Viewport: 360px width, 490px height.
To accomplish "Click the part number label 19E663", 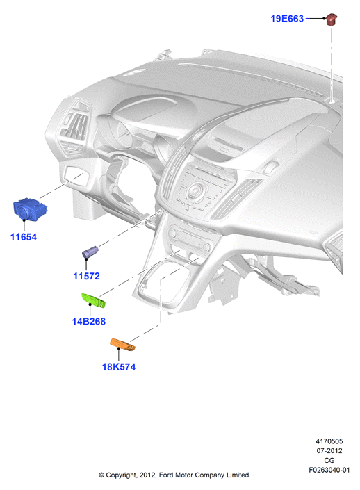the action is tap(287, 19).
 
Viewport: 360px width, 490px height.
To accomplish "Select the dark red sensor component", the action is tap(332, 19).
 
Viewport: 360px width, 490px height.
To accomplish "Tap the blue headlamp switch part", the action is tap(30, 209).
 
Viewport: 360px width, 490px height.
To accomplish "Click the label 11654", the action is tap(24, 237).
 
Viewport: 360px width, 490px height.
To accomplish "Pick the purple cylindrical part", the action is tap(90, 252).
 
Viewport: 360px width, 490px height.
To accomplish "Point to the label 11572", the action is tap(86, 276).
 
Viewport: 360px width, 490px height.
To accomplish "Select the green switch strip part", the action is tap(93, 300).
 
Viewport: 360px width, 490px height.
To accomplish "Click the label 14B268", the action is tap(89, 321).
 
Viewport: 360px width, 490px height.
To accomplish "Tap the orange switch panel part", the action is tap(122, 344).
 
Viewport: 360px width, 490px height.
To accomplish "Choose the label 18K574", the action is tap(119, 366).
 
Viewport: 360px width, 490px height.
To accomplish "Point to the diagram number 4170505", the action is tap(329, 441).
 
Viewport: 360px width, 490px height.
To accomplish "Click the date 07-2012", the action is tap(329, 450).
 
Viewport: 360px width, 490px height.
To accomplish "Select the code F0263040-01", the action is tap(329, 470).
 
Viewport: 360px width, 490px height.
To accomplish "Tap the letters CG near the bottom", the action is tap(329, 460).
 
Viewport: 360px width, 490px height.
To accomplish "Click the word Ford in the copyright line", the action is tap(165, 475).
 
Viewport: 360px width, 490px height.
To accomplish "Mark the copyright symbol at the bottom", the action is tap(101, 475).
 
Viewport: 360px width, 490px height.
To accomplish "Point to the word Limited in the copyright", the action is tap(238, 475).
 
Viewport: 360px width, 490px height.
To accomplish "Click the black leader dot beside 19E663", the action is tap(324, 19).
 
